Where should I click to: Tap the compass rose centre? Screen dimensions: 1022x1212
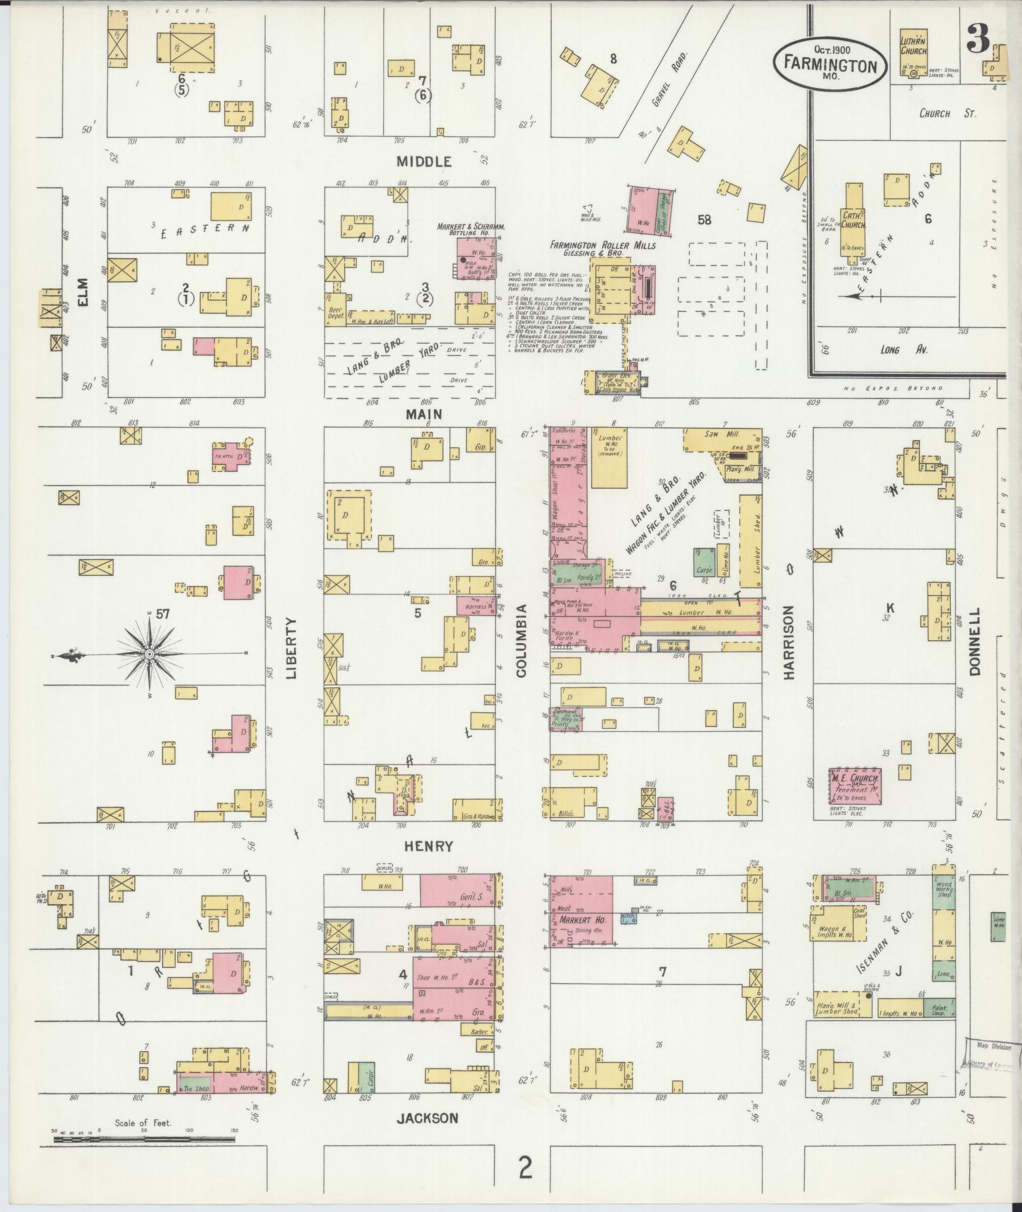point(149,653)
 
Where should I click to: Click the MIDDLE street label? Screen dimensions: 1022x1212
point(424,162)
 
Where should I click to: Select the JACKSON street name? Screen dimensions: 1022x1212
point(427,1118)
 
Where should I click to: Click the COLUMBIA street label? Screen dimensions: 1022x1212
point(521,641)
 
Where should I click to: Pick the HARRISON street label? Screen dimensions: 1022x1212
point(788,642)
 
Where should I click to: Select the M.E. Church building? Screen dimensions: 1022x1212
point(855,786)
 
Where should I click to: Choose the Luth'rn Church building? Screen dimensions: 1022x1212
point(914,56)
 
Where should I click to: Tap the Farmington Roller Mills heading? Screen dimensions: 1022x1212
point(603,245)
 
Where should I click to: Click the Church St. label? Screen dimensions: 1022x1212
point(948,114)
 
